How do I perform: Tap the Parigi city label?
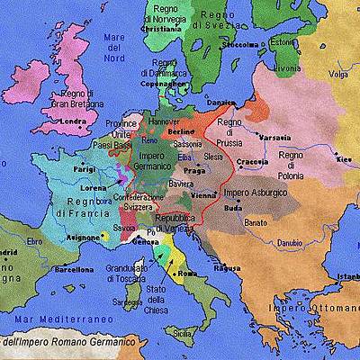pyautogui.click(x=85, y=167)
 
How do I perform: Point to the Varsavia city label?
pyautogui.click(x=275, y=137)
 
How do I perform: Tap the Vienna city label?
pyautogui.click(x=203, y=194)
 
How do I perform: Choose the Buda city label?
pyautogui.click(x=233, y=207)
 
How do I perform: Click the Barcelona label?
pyautogui.click(x=74, y=268)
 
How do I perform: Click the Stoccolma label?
pyautogui.click(x=240, y=43)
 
